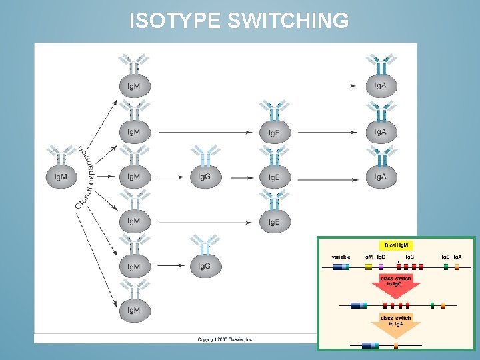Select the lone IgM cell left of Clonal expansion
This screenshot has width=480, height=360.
[x=61, y=177]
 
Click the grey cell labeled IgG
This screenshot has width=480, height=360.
[x=205, y=177]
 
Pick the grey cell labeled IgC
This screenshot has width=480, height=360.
[x=205, y=266]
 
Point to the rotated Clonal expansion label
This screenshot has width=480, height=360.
[x=85, y=176]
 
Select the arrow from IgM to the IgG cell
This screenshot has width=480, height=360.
[x=172, y=177]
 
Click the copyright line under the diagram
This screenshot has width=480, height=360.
[x=225, y=339]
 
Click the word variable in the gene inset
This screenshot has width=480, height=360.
[x=341, y=257]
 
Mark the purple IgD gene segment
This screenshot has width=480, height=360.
[x=381, y=266]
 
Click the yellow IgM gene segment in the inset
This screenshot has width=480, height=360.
[x=369, y=266]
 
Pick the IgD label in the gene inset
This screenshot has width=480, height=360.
[x=381, y=257]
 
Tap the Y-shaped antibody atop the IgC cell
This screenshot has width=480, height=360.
[x=205, y=244]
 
